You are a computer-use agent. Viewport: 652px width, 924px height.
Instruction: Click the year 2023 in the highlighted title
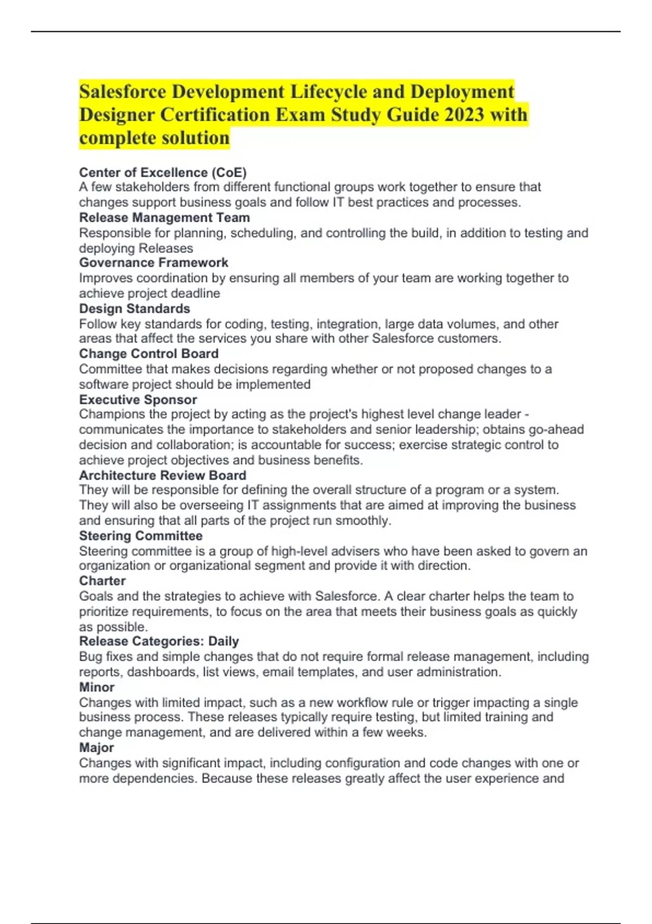pos(463,115)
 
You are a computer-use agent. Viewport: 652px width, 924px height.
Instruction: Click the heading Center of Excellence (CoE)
pos(162,172)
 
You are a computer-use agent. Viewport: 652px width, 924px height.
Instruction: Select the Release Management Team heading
pos(164,217)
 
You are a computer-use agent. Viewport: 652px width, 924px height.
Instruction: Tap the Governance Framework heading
pos(153,263)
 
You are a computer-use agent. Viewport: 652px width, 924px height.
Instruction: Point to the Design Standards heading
pos(134,308)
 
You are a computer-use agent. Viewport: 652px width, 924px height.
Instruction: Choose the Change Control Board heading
pos(148,353)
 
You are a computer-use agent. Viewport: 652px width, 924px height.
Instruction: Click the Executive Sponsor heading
pos(137,399)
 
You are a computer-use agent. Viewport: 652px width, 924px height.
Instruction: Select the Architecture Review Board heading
pos(162,475)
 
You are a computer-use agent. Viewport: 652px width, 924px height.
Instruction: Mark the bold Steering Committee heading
pos(140,535)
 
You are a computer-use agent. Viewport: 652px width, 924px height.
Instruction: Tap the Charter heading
pos(102,580)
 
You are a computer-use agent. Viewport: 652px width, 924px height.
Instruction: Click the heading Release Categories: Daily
pos(159,641)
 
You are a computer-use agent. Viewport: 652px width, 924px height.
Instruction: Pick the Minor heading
pos(97,687)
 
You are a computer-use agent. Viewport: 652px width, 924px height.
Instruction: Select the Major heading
pos(96,747)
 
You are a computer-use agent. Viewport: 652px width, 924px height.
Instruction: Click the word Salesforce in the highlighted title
pos(122,91)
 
